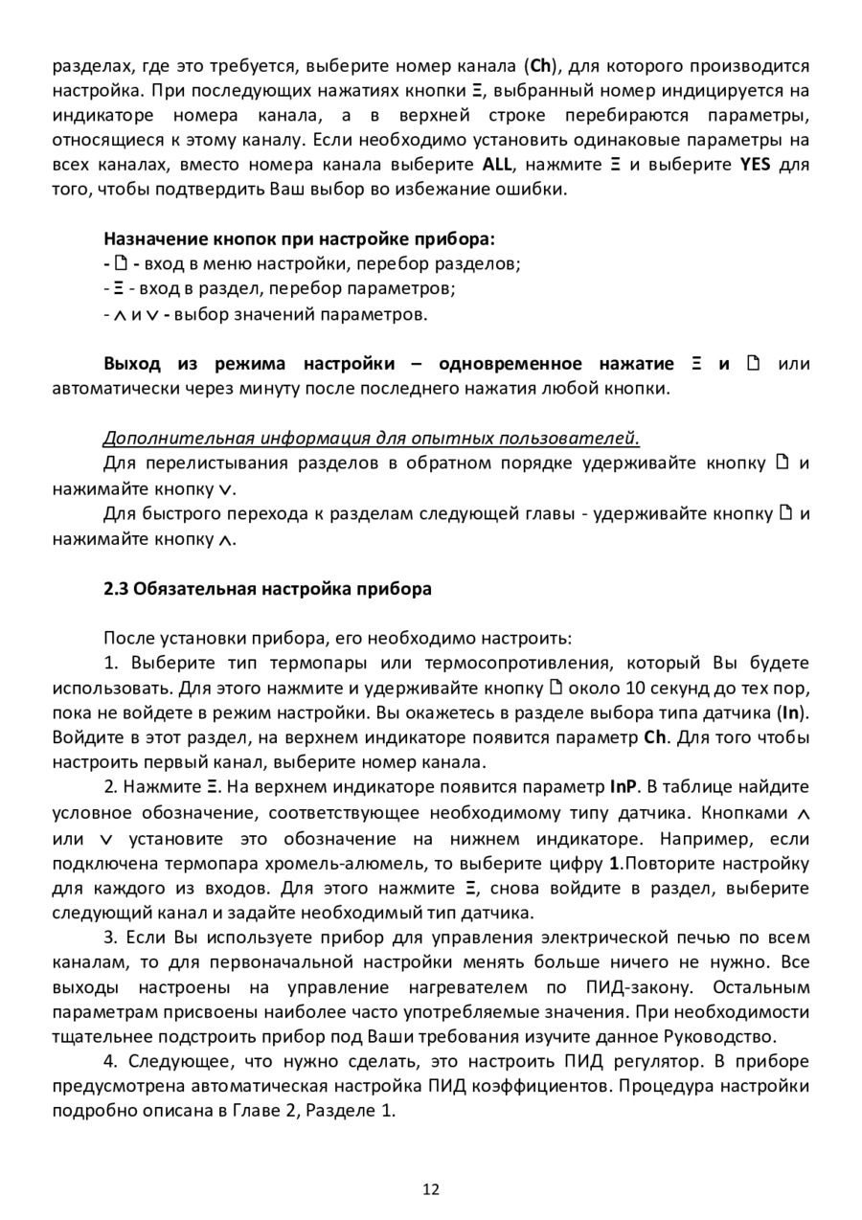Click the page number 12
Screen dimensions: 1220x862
pos(431,1189)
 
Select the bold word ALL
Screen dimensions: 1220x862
pos(497,164)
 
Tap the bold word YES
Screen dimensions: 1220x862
pos(755,164)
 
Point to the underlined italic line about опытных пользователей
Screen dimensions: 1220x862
pos(371,439)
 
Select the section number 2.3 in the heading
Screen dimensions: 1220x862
pos(115,588)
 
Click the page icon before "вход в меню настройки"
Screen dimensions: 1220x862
pos(120,263)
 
